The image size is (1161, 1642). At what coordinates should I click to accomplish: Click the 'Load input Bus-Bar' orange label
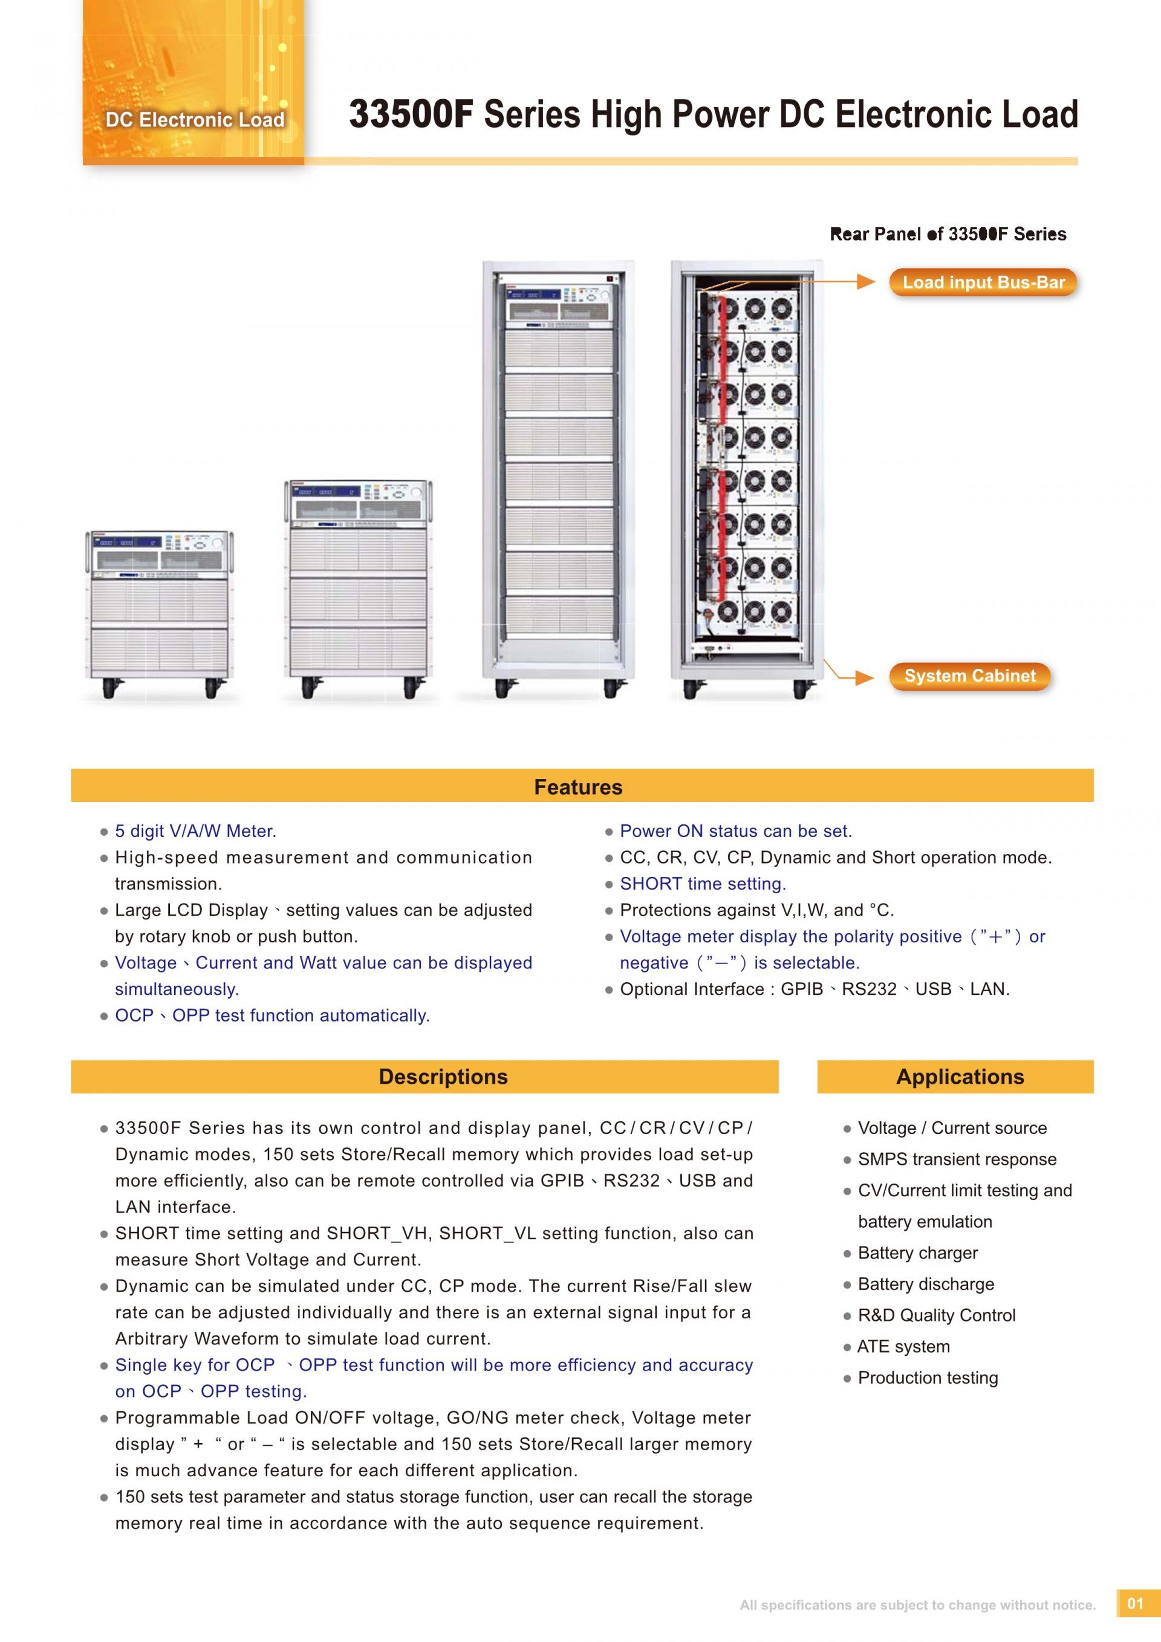tap(983, 282)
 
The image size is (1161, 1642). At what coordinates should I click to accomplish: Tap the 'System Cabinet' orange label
tap(969, 676)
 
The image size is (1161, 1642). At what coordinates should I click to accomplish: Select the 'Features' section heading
tap(578, 787)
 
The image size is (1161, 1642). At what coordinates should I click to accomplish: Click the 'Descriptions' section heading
tap(443, 1077)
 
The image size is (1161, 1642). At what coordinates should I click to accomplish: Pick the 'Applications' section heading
tap(960, 1077)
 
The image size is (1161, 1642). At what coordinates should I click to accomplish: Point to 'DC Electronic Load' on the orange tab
tap(195, 119)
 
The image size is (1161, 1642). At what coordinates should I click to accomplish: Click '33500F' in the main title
tap(411, 114)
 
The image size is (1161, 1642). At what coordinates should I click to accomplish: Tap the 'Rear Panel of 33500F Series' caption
tap(948, 234)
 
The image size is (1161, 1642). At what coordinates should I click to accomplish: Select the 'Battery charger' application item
tap(918, 1253)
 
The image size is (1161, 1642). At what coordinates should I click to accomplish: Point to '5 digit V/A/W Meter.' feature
tap(195, 831)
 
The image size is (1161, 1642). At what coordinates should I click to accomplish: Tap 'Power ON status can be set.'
tap(736, 831)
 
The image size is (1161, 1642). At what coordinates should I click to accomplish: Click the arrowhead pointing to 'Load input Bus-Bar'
tap(866, 282)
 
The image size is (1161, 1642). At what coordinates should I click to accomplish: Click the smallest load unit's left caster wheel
tap(109, 688)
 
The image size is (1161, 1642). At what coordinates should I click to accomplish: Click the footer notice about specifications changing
tap(917, 1605)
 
